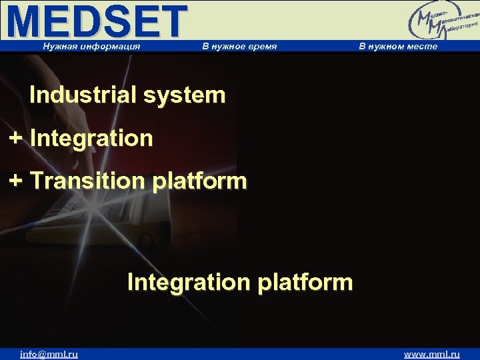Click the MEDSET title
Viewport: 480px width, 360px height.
point(97,21)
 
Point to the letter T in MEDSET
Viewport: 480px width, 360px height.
point(171,21)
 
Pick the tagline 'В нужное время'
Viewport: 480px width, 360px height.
point(239,46)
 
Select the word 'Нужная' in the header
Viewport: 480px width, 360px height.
point(59,46)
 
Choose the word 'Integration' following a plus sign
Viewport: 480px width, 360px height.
point(91,139)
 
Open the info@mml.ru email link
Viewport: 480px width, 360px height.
point(49,354)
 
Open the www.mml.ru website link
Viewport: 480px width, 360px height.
point(432,354)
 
